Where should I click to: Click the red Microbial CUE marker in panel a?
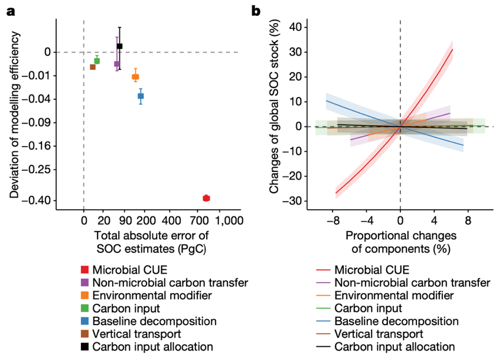pos(206,198)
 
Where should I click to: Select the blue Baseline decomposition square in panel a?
pos(141,96)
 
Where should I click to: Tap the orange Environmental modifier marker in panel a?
pos(135,77)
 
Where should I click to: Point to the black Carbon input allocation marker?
pos(119,46)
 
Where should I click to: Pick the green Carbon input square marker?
pos(97,61)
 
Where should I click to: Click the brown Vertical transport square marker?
pos(93,67)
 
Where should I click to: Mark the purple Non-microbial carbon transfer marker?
pos(117,64)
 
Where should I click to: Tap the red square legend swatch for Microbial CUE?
pos(86,270)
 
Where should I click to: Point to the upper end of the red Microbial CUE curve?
pos(452,50)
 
